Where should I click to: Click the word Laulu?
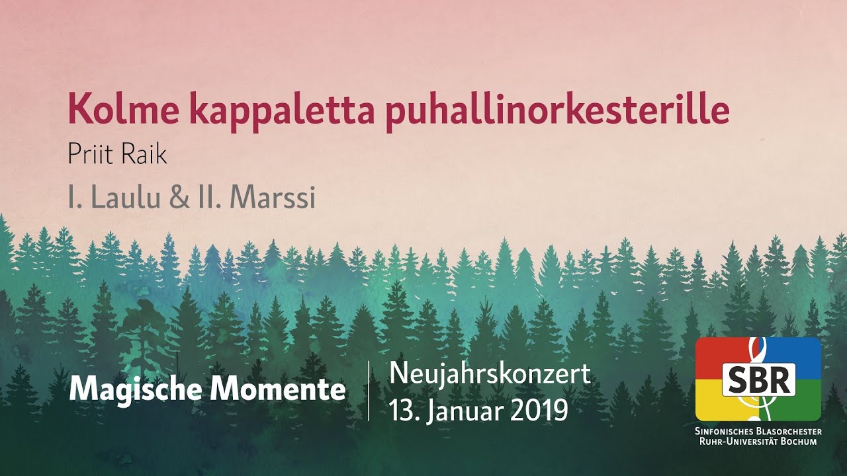point(124,198)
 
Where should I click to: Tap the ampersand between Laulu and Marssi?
point(178,198)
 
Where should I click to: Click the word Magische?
point(135,390)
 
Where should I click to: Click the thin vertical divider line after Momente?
point(369,391)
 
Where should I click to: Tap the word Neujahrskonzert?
point(490,374)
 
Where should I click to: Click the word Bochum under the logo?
point(800,441)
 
